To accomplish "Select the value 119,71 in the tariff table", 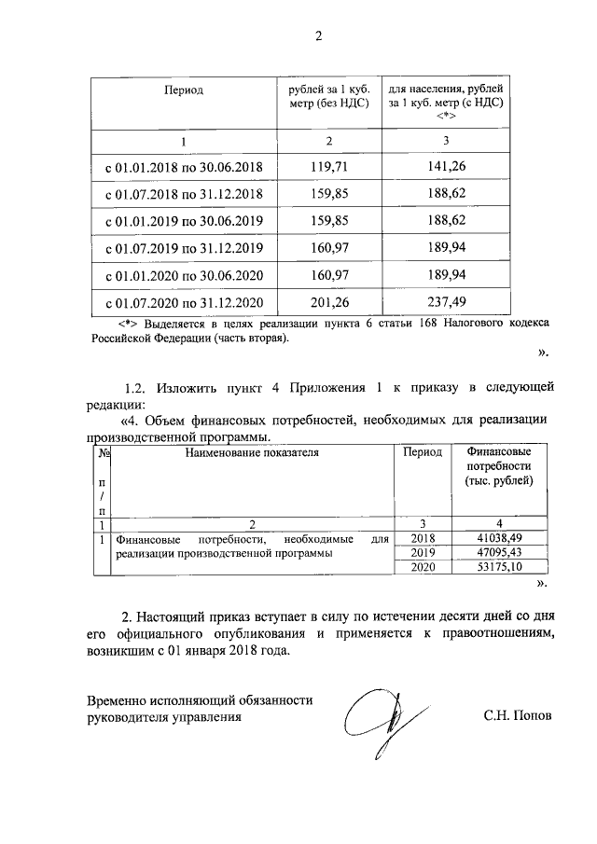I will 327,167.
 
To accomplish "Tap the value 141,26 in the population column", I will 445,167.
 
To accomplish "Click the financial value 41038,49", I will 498,538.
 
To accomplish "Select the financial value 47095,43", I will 498,553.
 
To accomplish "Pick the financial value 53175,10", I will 498,568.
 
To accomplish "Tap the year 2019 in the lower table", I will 423,553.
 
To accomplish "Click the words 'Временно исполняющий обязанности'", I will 200,699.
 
